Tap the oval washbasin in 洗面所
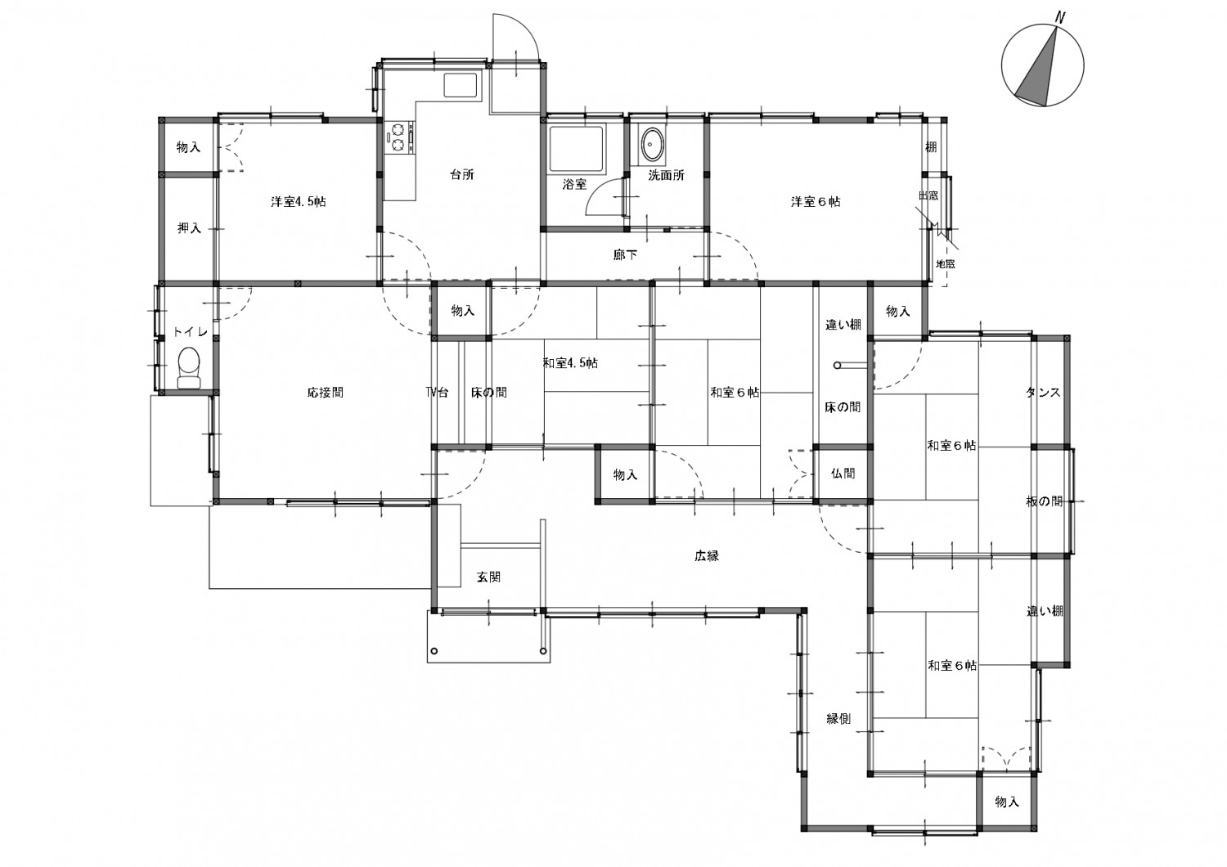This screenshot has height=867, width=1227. [652, 145]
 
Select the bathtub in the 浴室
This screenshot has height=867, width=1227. [576, 149]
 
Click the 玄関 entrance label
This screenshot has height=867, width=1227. [488, 577]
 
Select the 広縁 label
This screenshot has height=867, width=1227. [707, 556]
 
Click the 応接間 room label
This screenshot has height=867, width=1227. [326, 392]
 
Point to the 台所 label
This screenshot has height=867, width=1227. [462, 175]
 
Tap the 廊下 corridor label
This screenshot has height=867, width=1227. [625, 254]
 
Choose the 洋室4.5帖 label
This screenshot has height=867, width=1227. [298, 201]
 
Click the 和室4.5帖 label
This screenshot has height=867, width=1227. [570, 362]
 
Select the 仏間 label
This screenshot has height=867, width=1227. [843, 474]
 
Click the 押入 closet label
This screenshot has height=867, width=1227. [189, 228]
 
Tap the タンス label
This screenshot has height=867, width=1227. [1043, 392]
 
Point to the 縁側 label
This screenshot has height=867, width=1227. [838, 719]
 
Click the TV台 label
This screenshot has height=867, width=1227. [437, 392]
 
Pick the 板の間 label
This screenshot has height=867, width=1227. [1044, 501]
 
